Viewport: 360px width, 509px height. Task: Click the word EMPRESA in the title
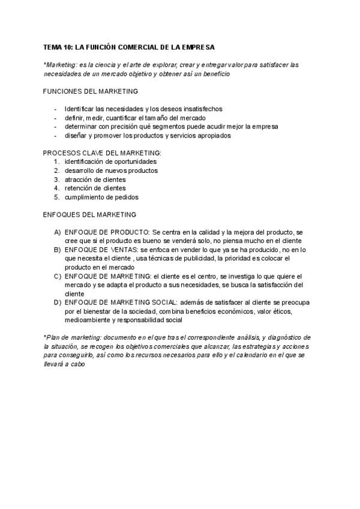point(198,46)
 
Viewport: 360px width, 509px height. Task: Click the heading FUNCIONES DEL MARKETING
point(91,91)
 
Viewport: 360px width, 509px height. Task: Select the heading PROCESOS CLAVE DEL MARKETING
point(102,153)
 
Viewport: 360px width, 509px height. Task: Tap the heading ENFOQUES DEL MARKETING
point(89,214)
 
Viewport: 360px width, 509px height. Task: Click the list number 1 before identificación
point(56,161)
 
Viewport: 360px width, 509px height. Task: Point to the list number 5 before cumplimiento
point(56,197)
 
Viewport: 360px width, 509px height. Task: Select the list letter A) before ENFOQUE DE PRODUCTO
point(58,232)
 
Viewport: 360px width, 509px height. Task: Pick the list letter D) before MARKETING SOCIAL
point(58,303)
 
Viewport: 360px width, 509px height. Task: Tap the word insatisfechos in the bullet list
point(201,109)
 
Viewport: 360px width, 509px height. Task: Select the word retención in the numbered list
point(79,188)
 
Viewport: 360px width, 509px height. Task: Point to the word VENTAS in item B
point(123,249)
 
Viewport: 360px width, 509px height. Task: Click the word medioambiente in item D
point(89,320)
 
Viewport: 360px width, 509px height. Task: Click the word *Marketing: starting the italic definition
point(62,64)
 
